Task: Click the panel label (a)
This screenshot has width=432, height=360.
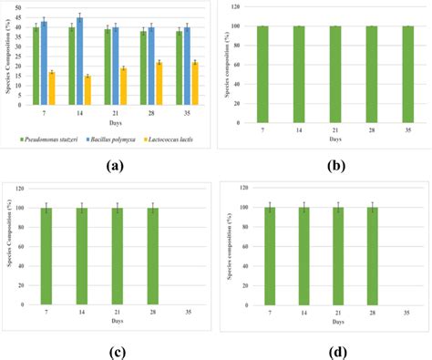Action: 115,165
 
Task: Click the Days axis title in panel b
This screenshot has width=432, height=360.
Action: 334,140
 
